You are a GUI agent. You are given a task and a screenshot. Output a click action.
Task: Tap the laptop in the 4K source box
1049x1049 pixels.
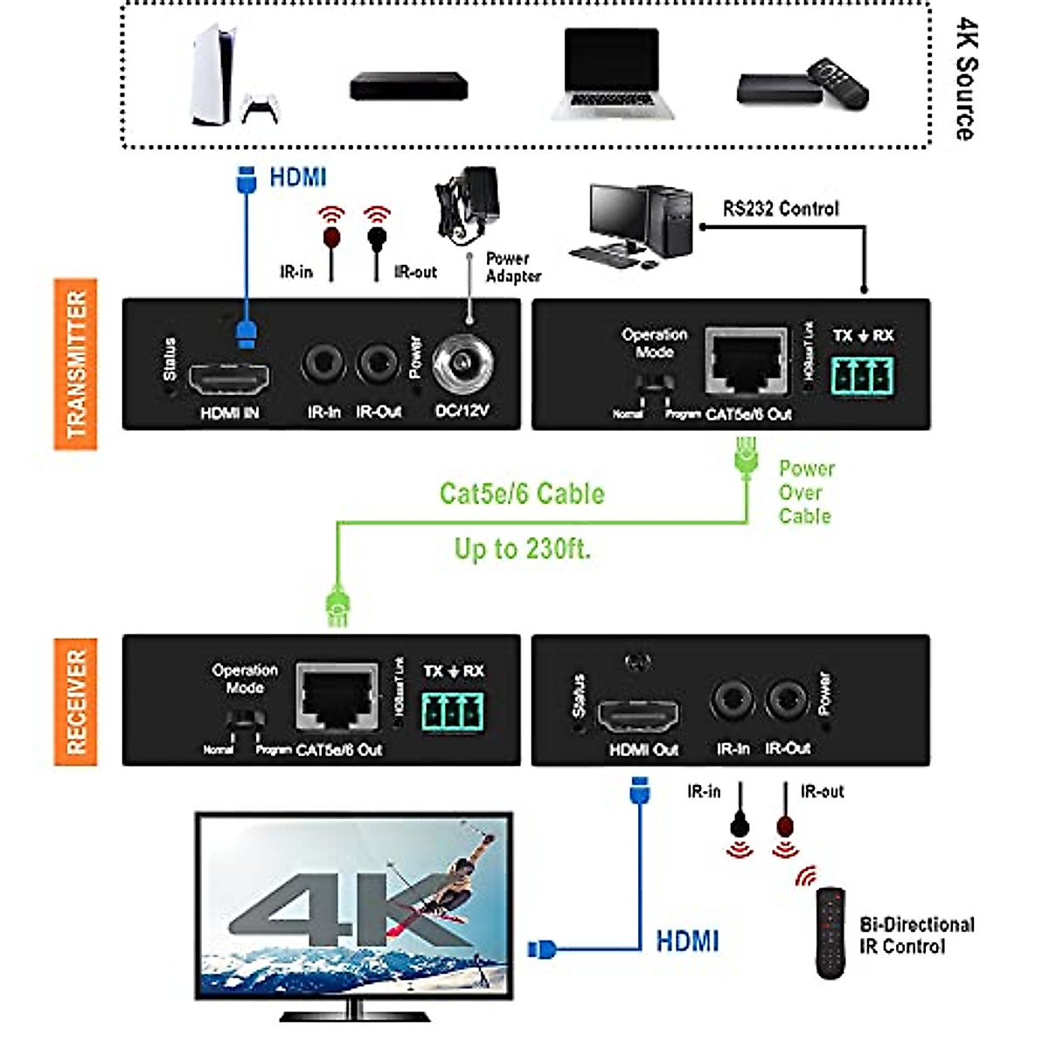click(x=612, y=74)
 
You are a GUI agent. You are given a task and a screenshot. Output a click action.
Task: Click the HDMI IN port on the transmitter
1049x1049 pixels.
click(x=230, y=378)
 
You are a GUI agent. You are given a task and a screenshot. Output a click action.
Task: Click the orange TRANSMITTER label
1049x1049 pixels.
click(x=76, y=364)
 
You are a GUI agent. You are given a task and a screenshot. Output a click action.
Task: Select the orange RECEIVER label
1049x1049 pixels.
click(x=76, y=702)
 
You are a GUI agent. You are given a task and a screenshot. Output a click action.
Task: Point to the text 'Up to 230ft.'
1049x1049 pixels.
click(x=522, y=550)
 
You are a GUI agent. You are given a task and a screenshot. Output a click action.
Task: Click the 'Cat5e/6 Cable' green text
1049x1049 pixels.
click(x=522, y=494)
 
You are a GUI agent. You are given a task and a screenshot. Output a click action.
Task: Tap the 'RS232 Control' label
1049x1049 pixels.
click(x=780, y=209)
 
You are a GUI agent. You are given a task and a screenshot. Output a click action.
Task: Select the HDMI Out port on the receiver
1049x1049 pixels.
click(x=638, y=716)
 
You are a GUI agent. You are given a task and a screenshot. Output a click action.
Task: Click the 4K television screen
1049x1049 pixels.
click(x=353, y=905)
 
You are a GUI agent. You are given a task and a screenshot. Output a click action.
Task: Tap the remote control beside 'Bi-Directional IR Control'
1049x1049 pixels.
click(x=830, y=933)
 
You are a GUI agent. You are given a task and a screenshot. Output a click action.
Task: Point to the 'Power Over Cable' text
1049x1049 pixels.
click(x=806, y=493)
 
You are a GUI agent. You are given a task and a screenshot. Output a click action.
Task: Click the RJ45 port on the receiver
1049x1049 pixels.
click(x=337, y=697)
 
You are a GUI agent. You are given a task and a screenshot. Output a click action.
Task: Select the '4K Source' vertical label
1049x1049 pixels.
click(x=965, y=79)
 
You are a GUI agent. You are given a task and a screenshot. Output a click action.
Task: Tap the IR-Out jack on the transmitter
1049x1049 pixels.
click(x=378, y=363)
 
